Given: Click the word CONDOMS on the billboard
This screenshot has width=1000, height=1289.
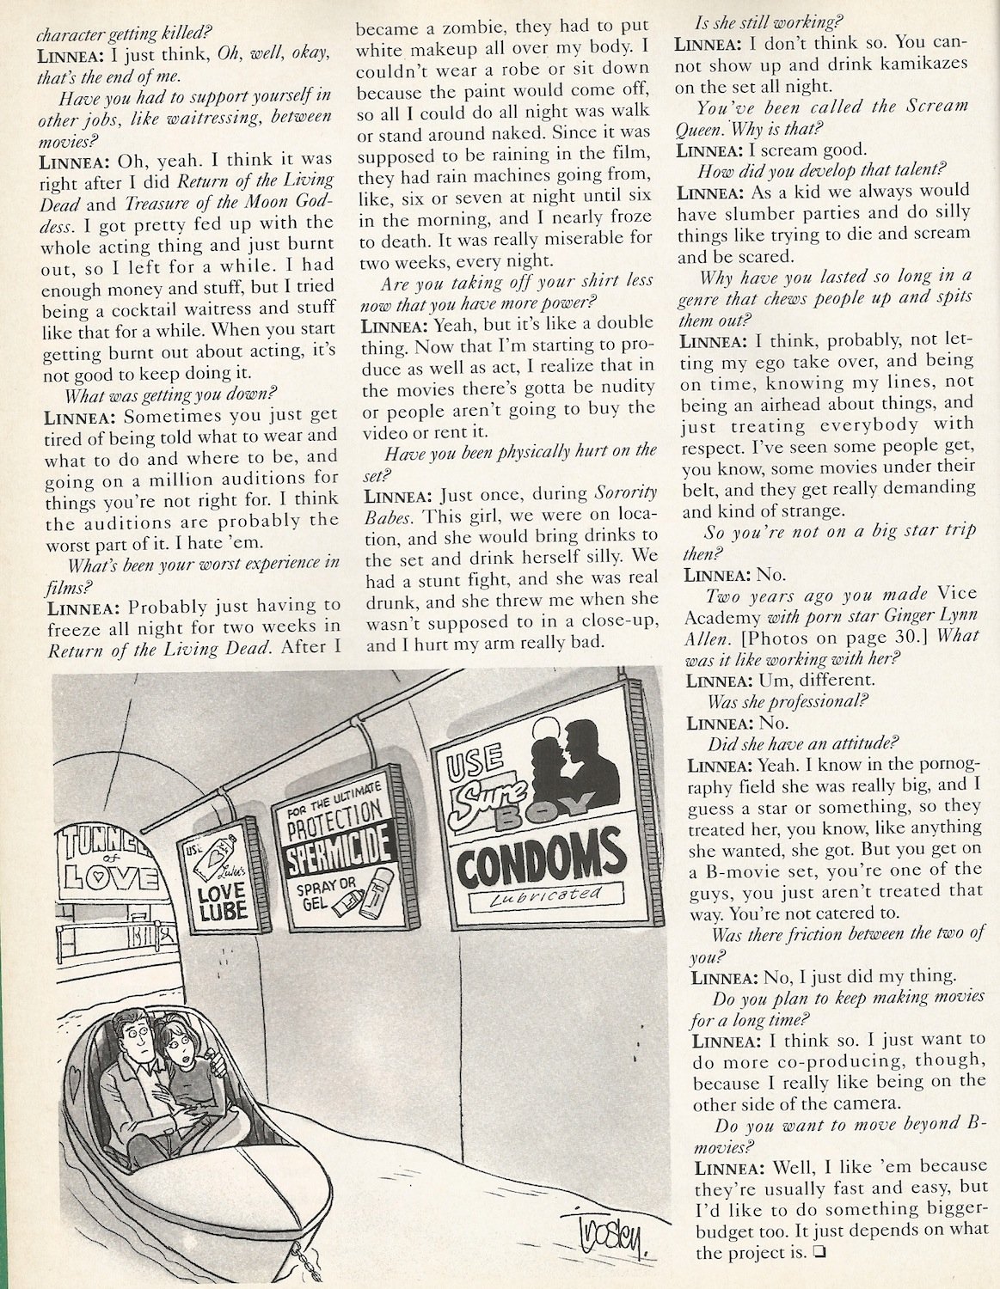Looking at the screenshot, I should click(x=543, y=855).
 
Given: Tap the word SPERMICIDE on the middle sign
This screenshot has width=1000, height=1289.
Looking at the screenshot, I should click(x=339, y=840).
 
